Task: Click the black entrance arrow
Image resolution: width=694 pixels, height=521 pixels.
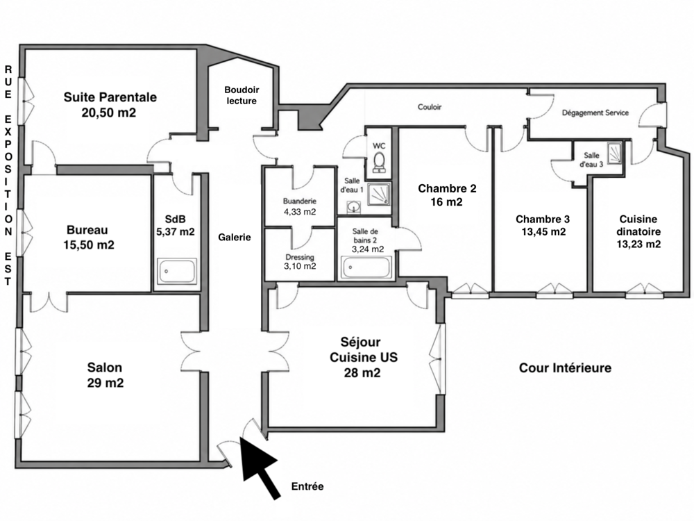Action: tap(260, 468)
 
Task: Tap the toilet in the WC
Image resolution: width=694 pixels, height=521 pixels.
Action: tap(380, 162)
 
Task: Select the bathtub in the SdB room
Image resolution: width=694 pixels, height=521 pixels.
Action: tap(176, 271)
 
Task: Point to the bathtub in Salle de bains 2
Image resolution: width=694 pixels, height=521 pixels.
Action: tap(366, 267)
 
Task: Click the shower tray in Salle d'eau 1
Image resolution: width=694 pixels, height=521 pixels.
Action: tap(379, 194)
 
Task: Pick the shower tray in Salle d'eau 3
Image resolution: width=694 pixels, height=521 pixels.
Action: tap(614, 153)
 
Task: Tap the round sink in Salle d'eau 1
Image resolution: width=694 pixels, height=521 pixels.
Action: tap(353, 207)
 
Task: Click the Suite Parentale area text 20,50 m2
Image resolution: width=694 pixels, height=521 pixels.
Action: tap(109, 113)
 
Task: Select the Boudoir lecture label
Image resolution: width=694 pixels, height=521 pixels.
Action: tap(242, 95)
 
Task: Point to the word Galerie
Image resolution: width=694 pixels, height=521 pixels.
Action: tap(235, 238)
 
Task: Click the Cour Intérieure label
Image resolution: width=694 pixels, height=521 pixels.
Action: tap(565, 367)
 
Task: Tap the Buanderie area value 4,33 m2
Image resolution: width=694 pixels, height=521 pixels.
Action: tap(300, 212)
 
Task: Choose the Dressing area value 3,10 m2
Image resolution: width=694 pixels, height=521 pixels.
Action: tap(300, 266)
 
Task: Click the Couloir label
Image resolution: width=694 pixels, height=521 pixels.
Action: tap(430, 107)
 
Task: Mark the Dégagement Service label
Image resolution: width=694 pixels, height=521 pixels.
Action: tap(595, 113)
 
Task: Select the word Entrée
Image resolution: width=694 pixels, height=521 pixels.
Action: tap(307, 486)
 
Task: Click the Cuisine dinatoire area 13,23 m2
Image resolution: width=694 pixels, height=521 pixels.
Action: tap(638, 244)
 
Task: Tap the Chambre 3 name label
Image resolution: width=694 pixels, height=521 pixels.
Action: tap(543, 220)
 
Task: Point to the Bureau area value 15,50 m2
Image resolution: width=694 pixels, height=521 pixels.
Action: tap(89, 245)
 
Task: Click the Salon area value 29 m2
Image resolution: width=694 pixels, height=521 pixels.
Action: tap(105, 383)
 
